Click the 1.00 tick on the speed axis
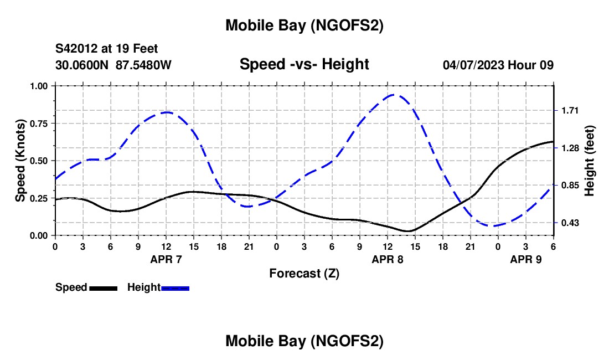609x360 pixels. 39,86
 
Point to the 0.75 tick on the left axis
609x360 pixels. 39,123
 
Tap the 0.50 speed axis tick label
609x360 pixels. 39,161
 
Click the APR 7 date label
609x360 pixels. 166,259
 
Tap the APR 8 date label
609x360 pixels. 388,259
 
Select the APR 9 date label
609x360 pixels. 526,259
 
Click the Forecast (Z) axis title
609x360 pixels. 304,273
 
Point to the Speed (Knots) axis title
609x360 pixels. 20,161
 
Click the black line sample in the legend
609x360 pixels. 103,288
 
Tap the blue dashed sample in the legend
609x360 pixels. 176,288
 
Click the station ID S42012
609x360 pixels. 78,49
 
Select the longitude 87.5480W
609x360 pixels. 143,65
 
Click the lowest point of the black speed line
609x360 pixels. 408,231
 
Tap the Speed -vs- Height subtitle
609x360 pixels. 304,64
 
